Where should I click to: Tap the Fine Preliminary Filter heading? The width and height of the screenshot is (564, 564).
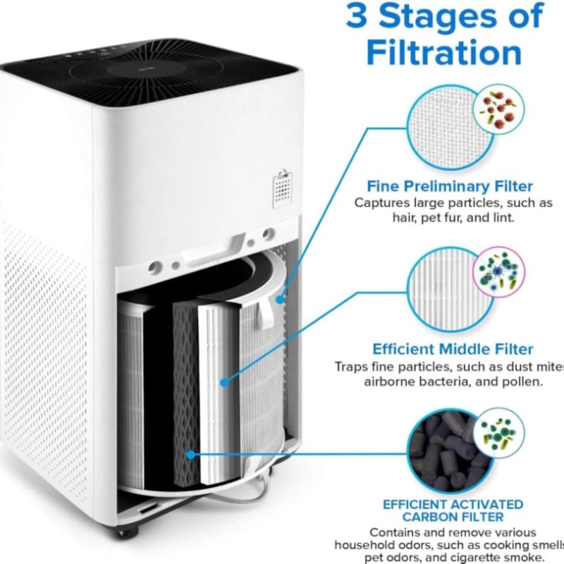pyautogui.click(x=450, y=187)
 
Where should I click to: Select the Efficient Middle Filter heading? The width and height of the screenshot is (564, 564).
pyautogui.click(x=453, y=349)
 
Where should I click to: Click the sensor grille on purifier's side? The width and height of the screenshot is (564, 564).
pyautogui.click(x=283, y=186)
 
